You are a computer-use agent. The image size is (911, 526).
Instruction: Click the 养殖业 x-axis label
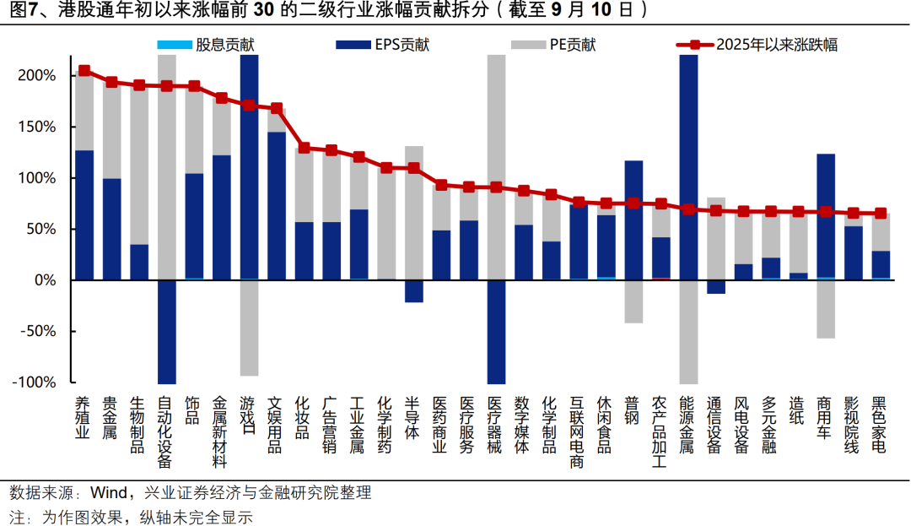pos(84,419)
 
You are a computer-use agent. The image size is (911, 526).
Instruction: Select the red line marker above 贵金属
pos(111,82)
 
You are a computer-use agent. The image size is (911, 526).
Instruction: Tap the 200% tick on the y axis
pos(37,76)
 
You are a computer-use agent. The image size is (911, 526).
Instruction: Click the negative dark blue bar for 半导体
pos(413,290)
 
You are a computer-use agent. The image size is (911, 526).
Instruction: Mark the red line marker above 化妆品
pos(304,148)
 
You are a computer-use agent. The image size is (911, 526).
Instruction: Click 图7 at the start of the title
pos(21,10)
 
